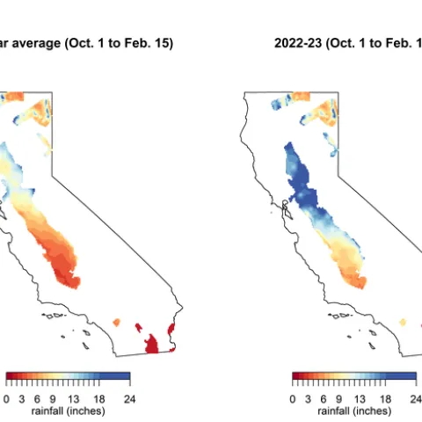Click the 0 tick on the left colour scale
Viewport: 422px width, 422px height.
[7, 397]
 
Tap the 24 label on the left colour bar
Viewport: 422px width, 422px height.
[128, 397]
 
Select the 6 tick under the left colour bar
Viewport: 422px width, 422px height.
[38, 397]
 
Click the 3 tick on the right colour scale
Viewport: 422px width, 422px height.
[308, 397]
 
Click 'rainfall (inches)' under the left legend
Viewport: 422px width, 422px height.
[68, 411]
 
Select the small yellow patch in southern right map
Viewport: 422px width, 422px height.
[404, 322]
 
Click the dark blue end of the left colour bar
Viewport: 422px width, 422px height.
[126, 378]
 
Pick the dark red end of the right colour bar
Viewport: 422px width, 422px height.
[296, 378]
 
